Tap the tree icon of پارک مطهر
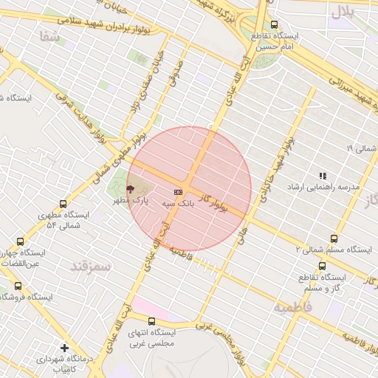[131, 189]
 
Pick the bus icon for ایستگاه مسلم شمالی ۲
[334, 238]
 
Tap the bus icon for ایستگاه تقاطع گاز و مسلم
[322, 266]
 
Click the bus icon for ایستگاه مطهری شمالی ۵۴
[63, 204]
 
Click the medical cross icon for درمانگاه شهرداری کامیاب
[65, 347]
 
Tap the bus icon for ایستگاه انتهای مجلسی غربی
[151, 321]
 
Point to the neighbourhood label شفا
[51, 35]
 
